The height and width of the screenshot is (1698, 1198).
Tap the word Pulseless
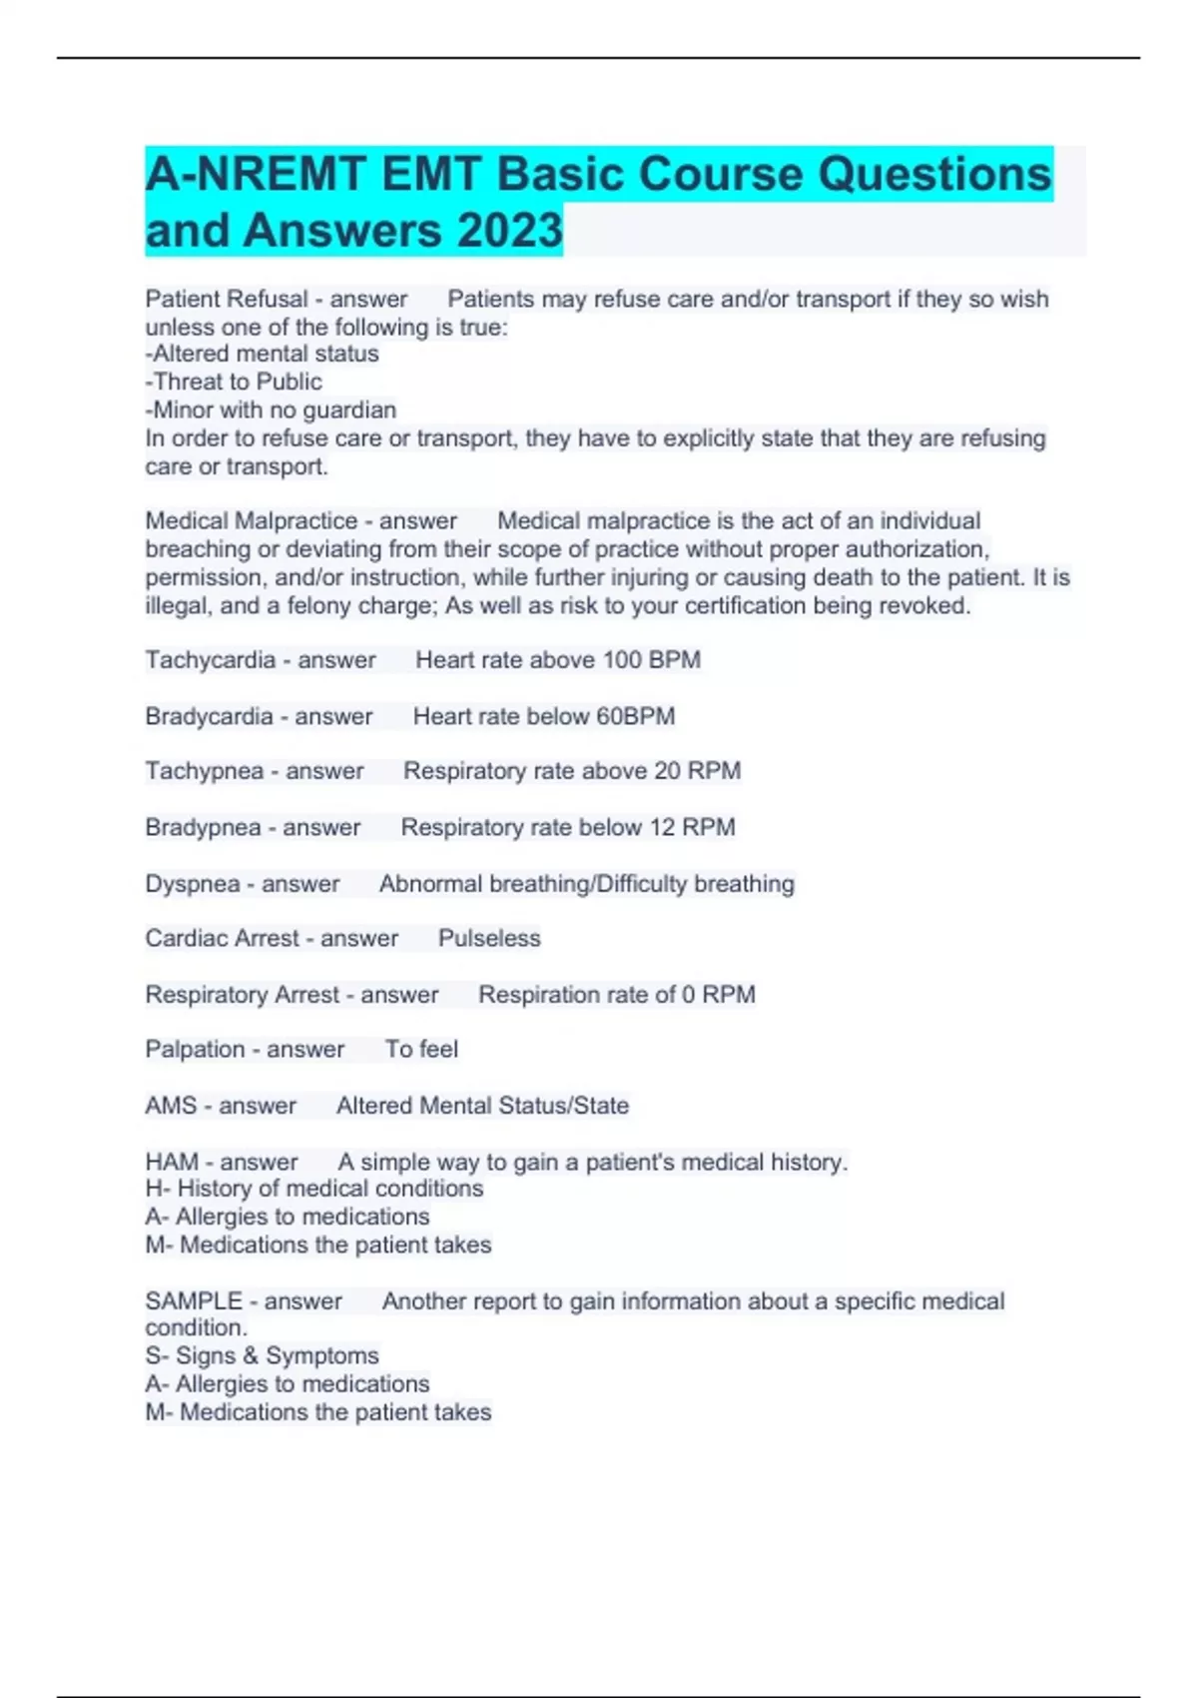[489, 939]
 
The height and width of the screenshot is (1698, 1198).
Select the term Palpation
[195, 1050]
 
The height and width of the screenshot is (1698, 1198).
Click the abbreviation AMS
[171, 1106]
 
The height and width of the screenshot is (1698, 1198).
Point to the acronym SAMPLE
[194, 1301]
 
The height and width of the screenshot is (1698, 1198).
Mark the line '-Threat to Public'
[234, 382]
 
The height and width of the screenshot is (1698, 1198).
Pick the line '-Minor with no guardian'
[271, 410]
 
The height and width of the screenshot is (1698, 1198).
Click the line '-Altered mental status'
[262, 354]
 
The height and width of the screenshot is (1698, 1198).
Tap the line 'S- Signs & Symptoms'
[262, 1355]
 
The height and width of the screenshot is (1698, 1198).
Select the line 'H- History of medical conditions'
[313, 1189]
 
